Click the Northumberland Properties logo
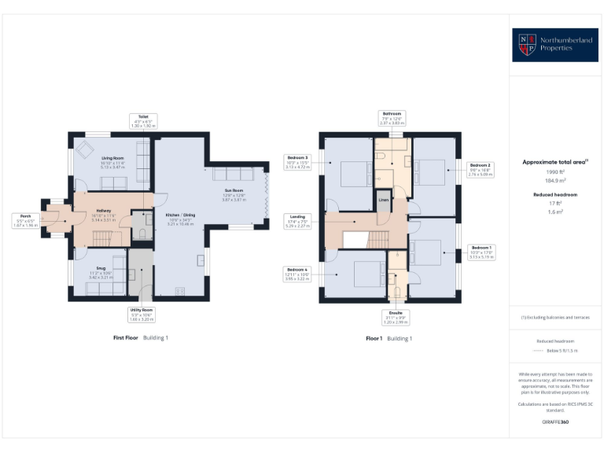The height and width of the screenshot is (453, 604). [555, 45]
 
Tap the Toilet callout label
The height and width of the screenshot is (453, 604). [143, 121]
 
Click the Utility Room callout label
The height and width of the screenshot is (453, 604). [142, 315]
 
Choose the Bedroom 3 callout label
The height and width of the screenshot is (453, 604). [298, 162]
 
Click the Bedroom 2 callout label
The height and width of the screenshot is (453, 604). [480, 170]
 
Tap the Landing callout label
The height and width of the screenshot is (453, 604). [299, 219]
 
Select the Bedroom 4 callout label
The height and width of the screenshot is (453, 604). [298, 274]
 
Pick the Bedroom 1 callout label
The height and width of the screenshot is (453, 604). [481, 251]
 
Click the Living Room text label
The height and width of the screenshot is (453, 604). [101, 158]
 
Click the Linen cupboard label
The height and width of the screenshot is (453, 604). [383, 199]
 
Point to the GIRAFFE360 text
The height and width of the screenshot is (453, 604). [555, 422]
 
